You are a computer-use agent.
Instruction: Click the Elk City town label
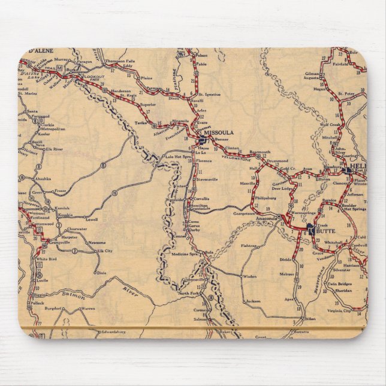pos(105,251)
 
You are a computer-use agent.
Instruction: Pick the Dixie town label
pos(101,273)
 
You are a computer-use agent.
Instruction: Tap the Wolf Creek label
pos(330,125)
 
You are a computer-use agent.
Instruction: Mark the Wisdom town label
pos(249,276)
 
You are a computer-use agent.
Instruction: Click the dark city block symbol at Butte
pos(309,228)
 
